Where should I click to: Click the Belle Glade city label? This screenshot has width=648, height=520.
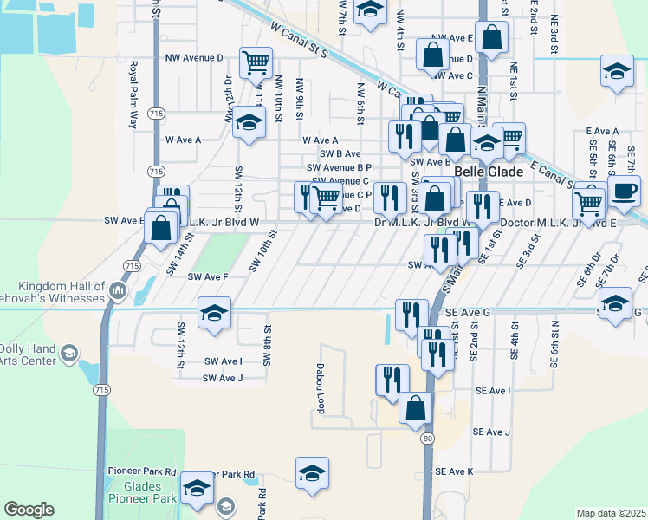coord(489,172)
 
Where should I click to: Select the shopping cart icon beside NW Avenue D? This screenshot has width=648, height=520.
coord(256,62)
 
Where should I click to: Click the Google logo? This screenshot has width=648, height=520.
coord(29,510)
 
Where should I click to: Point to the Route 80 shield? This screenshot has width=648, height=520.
coord(428,439)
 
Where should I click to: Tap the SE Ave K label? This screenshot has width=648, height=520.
coord(455,471)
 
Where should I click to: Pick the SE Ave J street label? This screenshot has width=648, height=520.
coord(491,432)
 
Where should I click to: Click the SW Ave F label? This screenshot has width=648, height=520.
coord(208,276)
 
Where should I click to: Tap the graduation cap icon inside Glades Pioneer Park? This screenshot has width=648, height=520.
coord(197,489)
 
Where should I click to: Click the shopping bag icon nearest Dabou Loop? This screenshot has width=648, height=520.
coord(416,408)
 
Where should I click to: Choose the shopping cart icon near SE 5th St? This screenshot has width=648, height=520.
coord(589,204)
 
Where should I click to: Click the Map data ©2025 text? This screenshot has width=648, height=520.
coord(612,513)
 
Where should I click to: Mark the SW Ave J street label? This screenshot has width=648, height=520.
coord(222,378)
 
